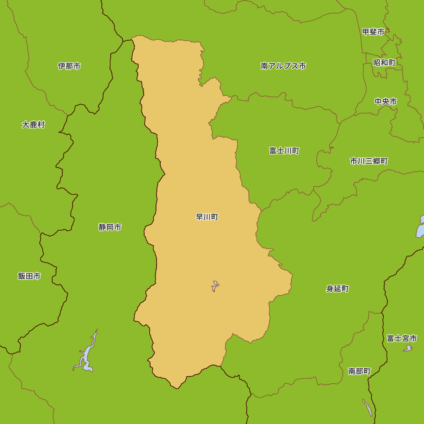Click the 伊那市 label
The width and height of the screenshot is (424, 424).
[69, 66]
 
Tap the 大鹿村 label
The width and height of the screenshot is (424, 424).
[33, 125]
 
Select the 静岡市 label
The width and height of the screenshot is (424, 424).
[110, 227]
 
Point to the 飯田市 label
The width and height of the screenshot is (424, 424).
[29, 276]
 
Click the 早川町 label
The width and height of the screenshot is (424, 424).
[207, 217]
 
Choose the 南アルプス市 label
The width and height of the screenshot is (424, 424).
[283, 66]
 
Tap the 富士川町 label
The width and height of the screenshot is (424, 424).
[284, 151]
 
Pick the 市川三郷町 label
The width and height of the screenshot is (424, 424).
[368, 161]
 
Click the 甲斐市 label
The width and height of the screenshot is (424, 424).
[373, 32]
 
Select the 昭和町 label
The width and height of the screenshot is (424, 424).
[384, 63]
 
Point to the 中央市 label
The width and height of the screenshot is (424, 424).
[386, 102]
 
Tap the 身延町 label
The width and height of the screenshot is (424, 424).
[337, 289]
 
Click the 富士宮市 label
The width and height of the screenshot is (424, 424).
[402, 338]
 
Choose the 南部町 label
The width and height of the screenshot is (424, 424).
[359, 371]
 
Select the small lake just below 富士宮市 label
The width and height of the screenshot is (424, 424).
[407, 349]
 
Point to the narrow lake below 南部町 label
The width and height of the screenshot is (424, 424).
[368, 407]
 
